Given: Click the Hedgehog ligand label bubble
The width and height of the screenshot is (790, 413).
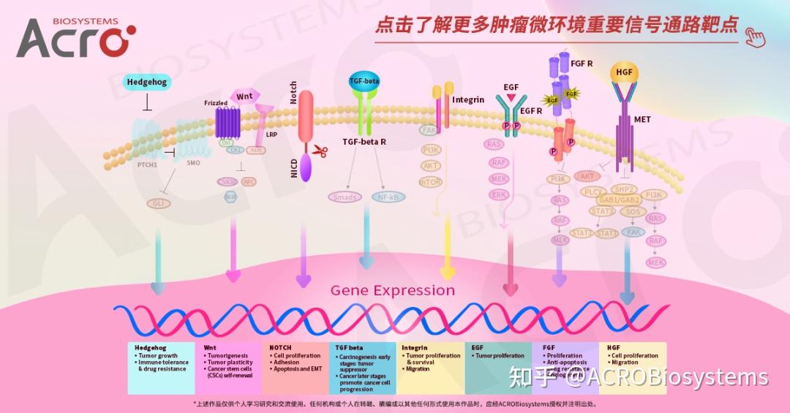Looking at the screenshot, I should pos(147,82).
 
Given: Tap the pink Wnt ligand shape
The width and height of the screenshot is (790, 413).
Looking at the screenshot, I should pos(245,96).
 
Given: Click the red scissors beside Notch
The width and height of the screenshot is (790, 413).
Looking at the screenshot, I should pos(320,151).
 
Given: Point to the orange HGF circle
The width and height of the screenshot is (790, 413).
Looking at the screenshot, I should pos(624,72).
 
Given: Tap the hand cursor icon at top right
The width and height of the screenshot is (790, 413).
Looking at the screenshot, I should pos(754,35).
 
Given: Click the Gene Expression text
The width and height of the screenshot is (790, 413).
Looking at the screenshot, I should pos(392,290).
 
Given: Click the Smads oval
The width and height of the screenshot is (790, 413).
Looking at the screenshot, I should pos(345,197).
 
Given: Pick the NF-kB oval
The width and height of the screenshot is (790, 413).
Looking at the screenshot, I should pos(388,197).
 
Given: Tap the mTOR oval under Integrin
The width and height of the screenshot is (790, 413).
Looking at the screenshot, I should pos(430,182).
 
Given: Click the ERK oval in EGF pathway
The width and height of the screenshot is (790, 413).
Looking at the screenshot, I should pos(499,194).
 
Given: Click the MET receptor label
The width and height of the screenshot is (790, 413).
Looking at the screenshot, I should pos(642,119).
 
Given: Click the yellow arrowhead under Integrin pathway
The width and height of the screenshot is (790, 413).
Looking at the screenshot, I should pos(447,265).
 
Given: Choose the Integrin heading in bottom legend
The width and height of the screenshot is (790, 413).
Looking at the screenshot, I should pos(414,348).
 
